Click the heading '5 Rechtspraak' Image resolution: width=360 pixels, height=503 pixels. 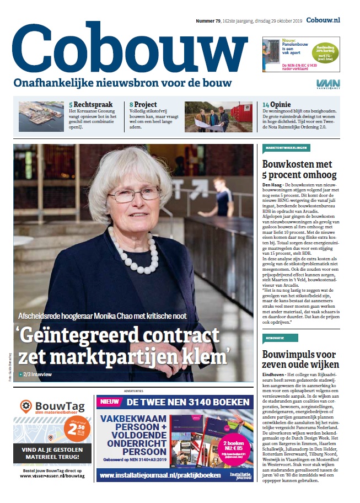(90, 104)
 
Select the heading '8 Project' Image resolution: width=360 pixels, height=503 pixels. (143, 104)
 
